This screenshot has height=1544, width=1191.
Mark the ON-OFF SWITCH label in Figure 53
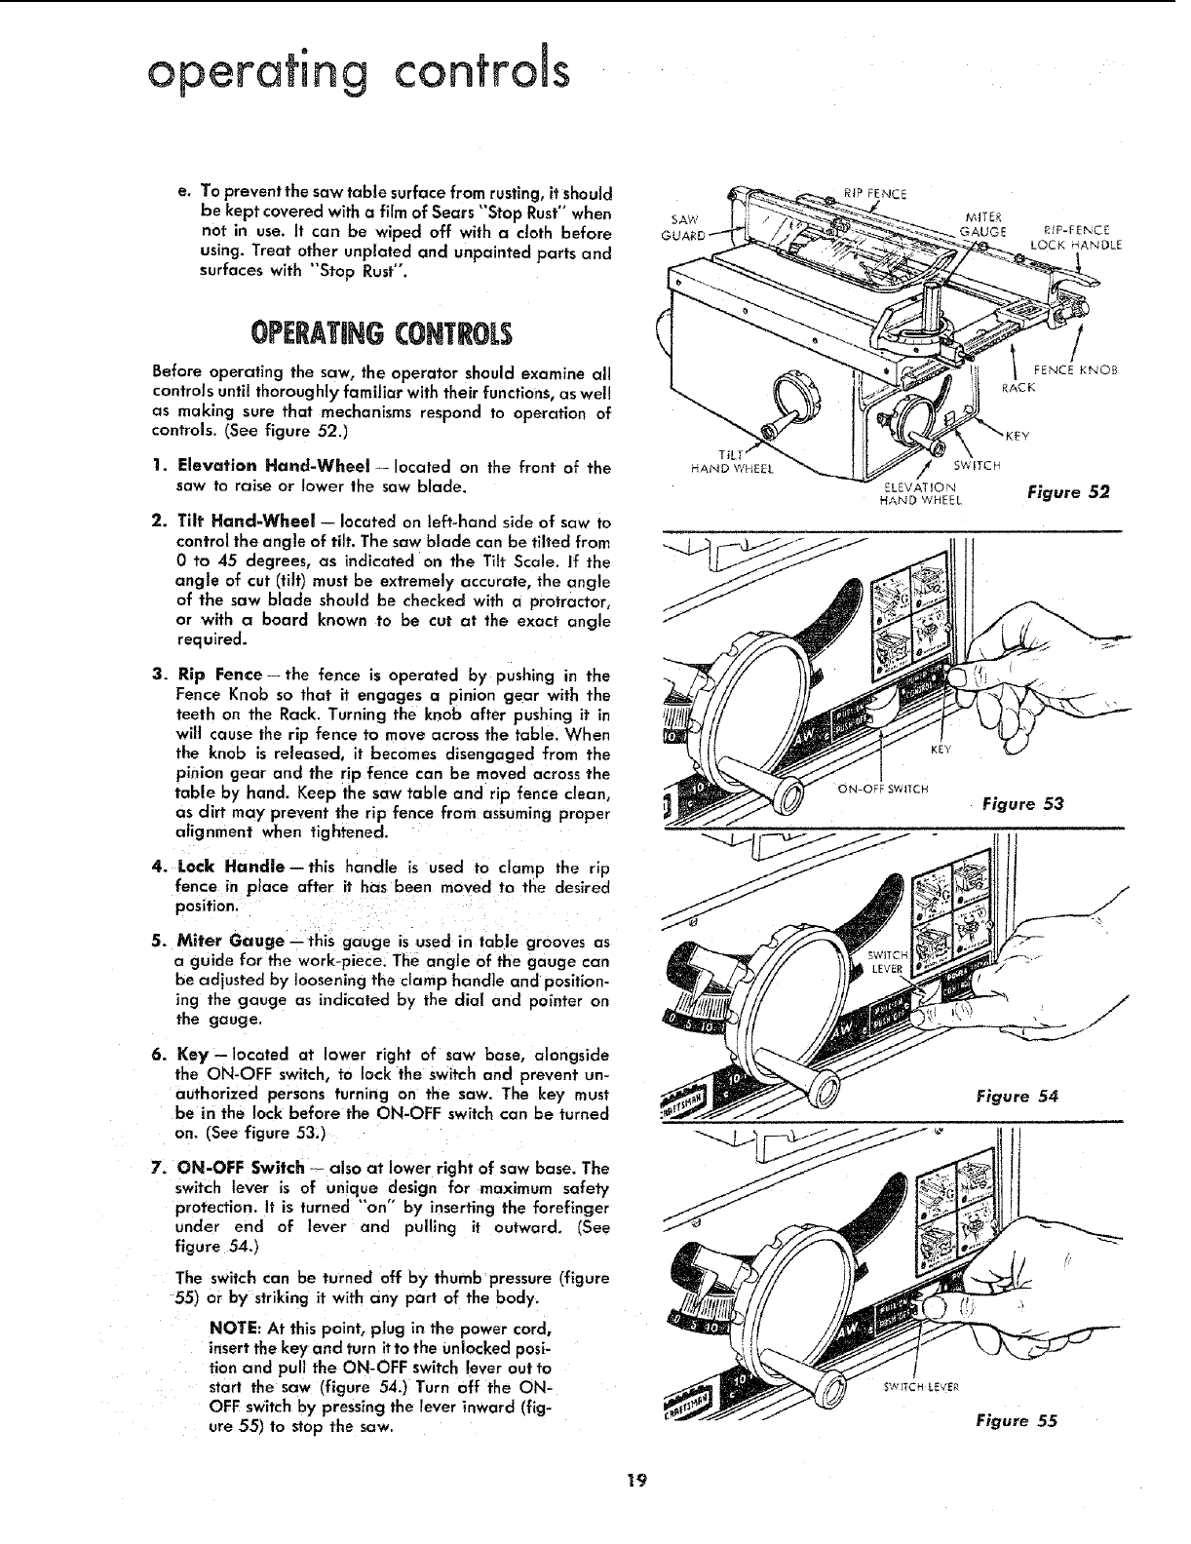pos(884,789)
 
